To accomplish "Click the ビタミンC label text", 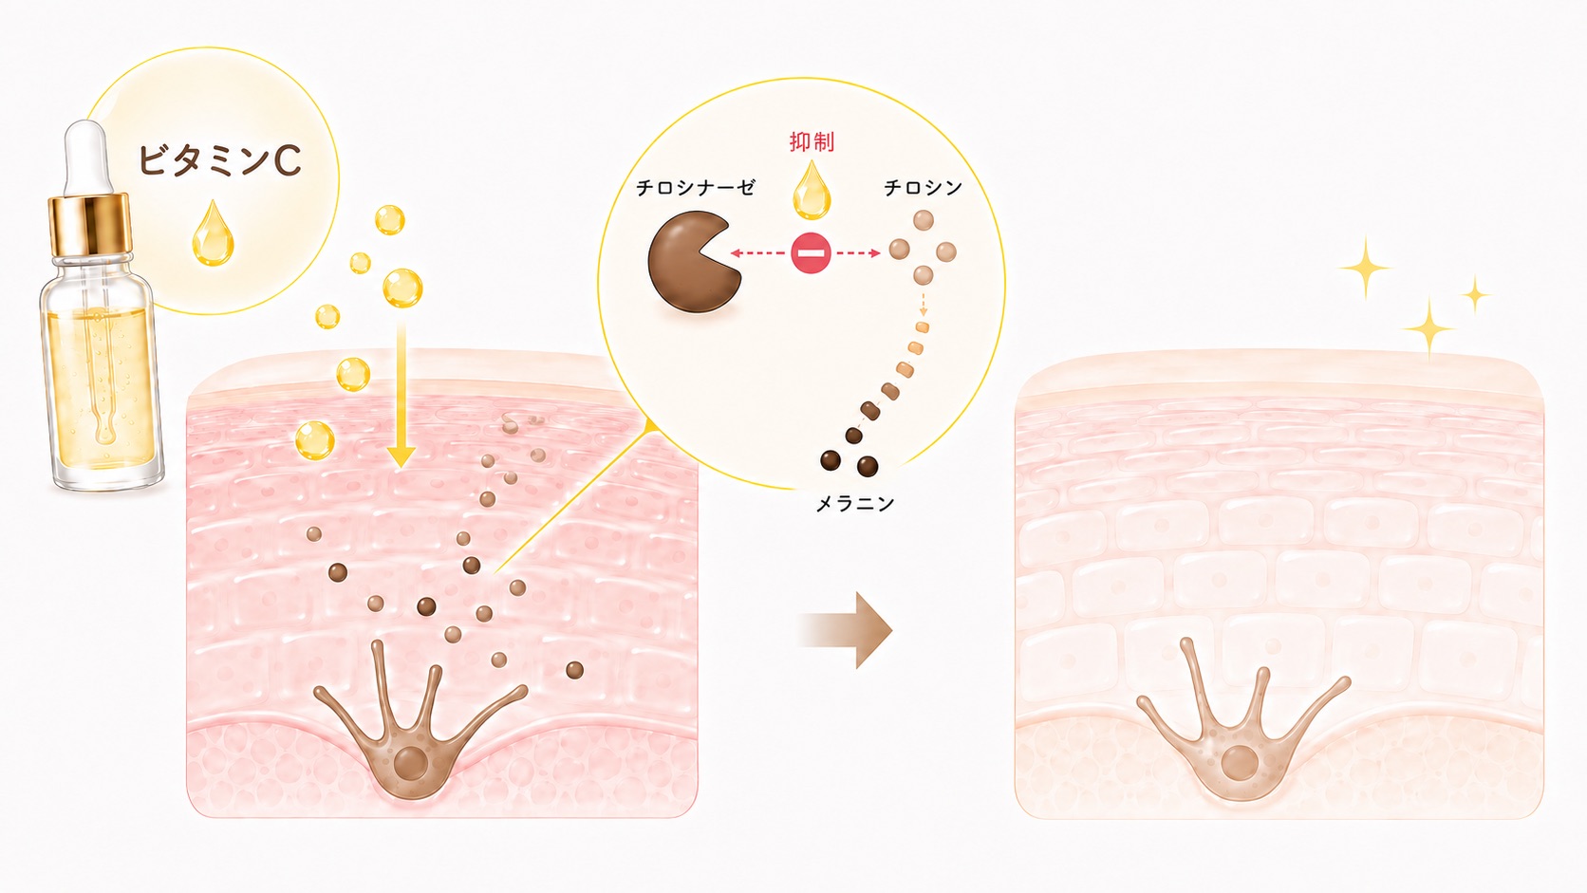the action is pyautogui.click(x=219, y=160).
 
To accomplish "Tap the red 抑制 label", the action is pyautogui.click(x=812, y=141).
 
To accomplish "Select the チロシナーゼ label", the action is pyautogui.click(x=696, y=188).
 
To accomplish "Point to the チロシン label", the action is pyautogui.click(x=924, y=188).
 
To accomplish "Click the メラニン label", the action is pyautogui.click(x=855, y=504).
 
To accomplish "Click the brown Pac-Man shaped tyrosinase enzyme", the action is pyautogui.click(x=693, y=263).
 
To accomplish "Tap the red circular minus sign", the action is pyautogui.click(x=812, y=252).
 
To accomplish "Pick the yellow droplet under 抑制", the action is pyautogui.click(x=812, y=190).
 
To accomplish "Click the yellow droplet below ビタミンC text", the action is pyautogui.click(x=214, y=234).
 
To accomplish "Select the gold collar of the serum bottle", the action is pyautogui.click(x=90, y=225).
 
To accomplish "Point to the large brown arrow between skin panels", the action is pyautogui.click(x=847, y=630).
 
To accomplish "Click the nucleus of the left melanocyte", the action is pyautogui.click(x=411, y=763).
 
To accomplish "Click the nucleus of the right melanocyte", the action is pyautogui.click(x=1239, y=763).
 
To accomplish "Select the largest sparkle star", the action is pyautogui.click(x=1365, y=269).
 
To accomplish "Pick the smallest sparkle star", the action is pyautogui.click(x=1476, y=294).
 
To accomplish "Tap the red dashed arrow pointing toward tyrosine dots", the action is pyautogui.click(x=858, y=252).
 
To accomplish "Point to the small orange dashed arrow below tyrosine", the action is pyautogui.click(x=924, y=303).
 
